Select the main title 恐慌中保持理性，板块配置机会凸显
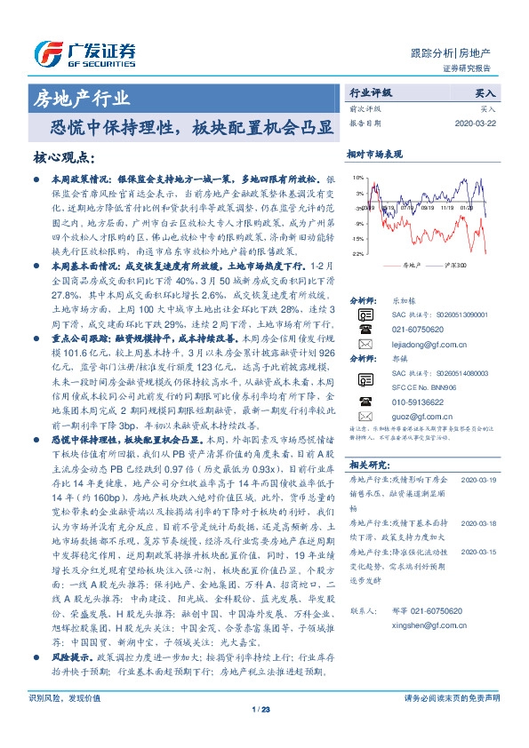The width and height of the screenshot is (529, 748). (x=192, y=128)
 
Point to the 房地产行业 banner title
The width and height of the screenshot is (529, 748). (x=80, y=98)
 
